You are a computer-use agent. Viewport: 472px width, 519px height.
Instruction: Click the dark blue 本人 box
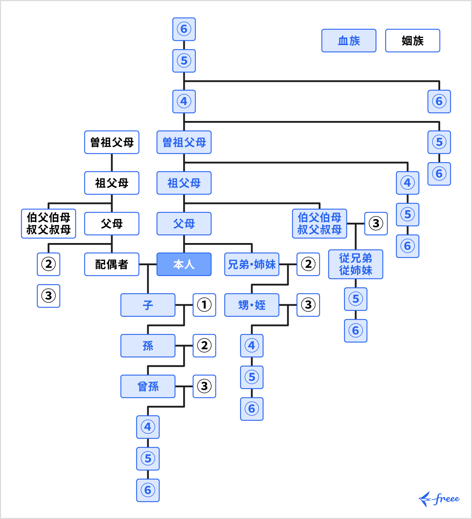(184, 264)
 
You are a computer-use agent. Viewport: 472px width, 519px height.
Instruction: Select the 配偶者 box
(112, 264)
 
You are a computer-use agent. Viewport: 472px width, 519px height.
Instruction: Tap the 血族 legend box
(349, 41)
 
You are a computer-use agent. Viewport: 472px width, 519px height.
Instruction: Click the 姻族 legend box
(412, 41)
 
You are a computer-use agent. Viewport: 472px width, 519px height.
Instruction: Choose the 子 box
(148, 305)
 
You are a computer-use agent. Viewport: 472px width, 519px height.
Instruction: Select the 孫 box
(148, 346)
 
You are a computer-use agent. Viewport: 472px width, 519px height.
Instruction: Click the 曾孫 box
(148, 386)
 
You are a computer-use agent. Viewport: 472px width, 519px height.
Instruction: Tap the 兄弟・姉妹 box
(252, 264)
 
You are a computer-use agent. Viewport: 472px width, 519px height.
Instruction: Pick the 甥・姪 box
(252, 305)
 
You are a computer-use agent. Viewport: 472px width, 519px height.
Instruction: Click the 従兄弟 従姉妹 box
(355, 264)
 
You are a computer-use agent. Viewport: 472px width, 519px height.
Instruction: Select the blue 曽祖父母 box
(184, 142)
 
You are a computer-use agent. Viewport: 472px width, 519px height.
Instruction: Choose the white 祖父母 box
(112, 183)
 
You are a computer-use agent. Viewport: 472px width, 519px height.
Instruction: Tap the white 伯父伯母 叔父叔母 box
(49, 223)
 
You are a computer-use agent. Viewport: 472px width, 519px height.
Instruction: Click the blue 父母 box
(184, 223)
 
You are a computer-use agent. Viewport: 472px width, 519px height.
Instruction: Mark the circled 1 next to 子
(204, 305)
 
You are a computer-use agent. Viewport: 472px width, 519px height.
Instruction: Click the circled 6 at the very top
(184, 29)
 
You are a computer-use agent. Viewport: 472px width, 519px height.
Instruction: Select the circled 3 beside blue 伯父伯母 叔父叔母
(376, 223)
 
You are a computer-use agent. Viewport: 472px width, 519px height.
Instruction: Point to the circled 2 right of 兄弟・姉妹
(308, 264)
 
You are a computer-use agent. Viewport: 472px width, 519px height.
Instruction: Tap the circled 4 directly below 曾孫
(148, 427)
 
